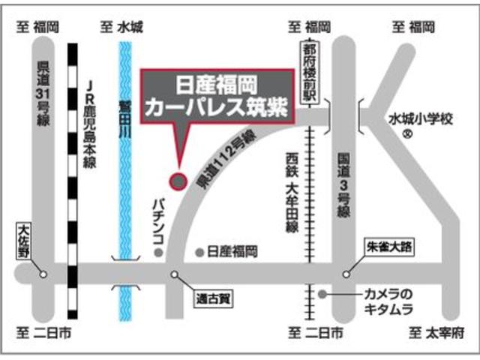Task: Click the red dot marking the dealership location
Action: tap(178, 180)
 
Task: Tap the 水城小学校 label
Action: tap(421, 118)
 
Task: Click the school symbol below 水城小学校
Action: tap(406, 135)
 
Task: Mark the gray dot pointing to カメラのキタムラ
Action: tap(322, 294)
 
